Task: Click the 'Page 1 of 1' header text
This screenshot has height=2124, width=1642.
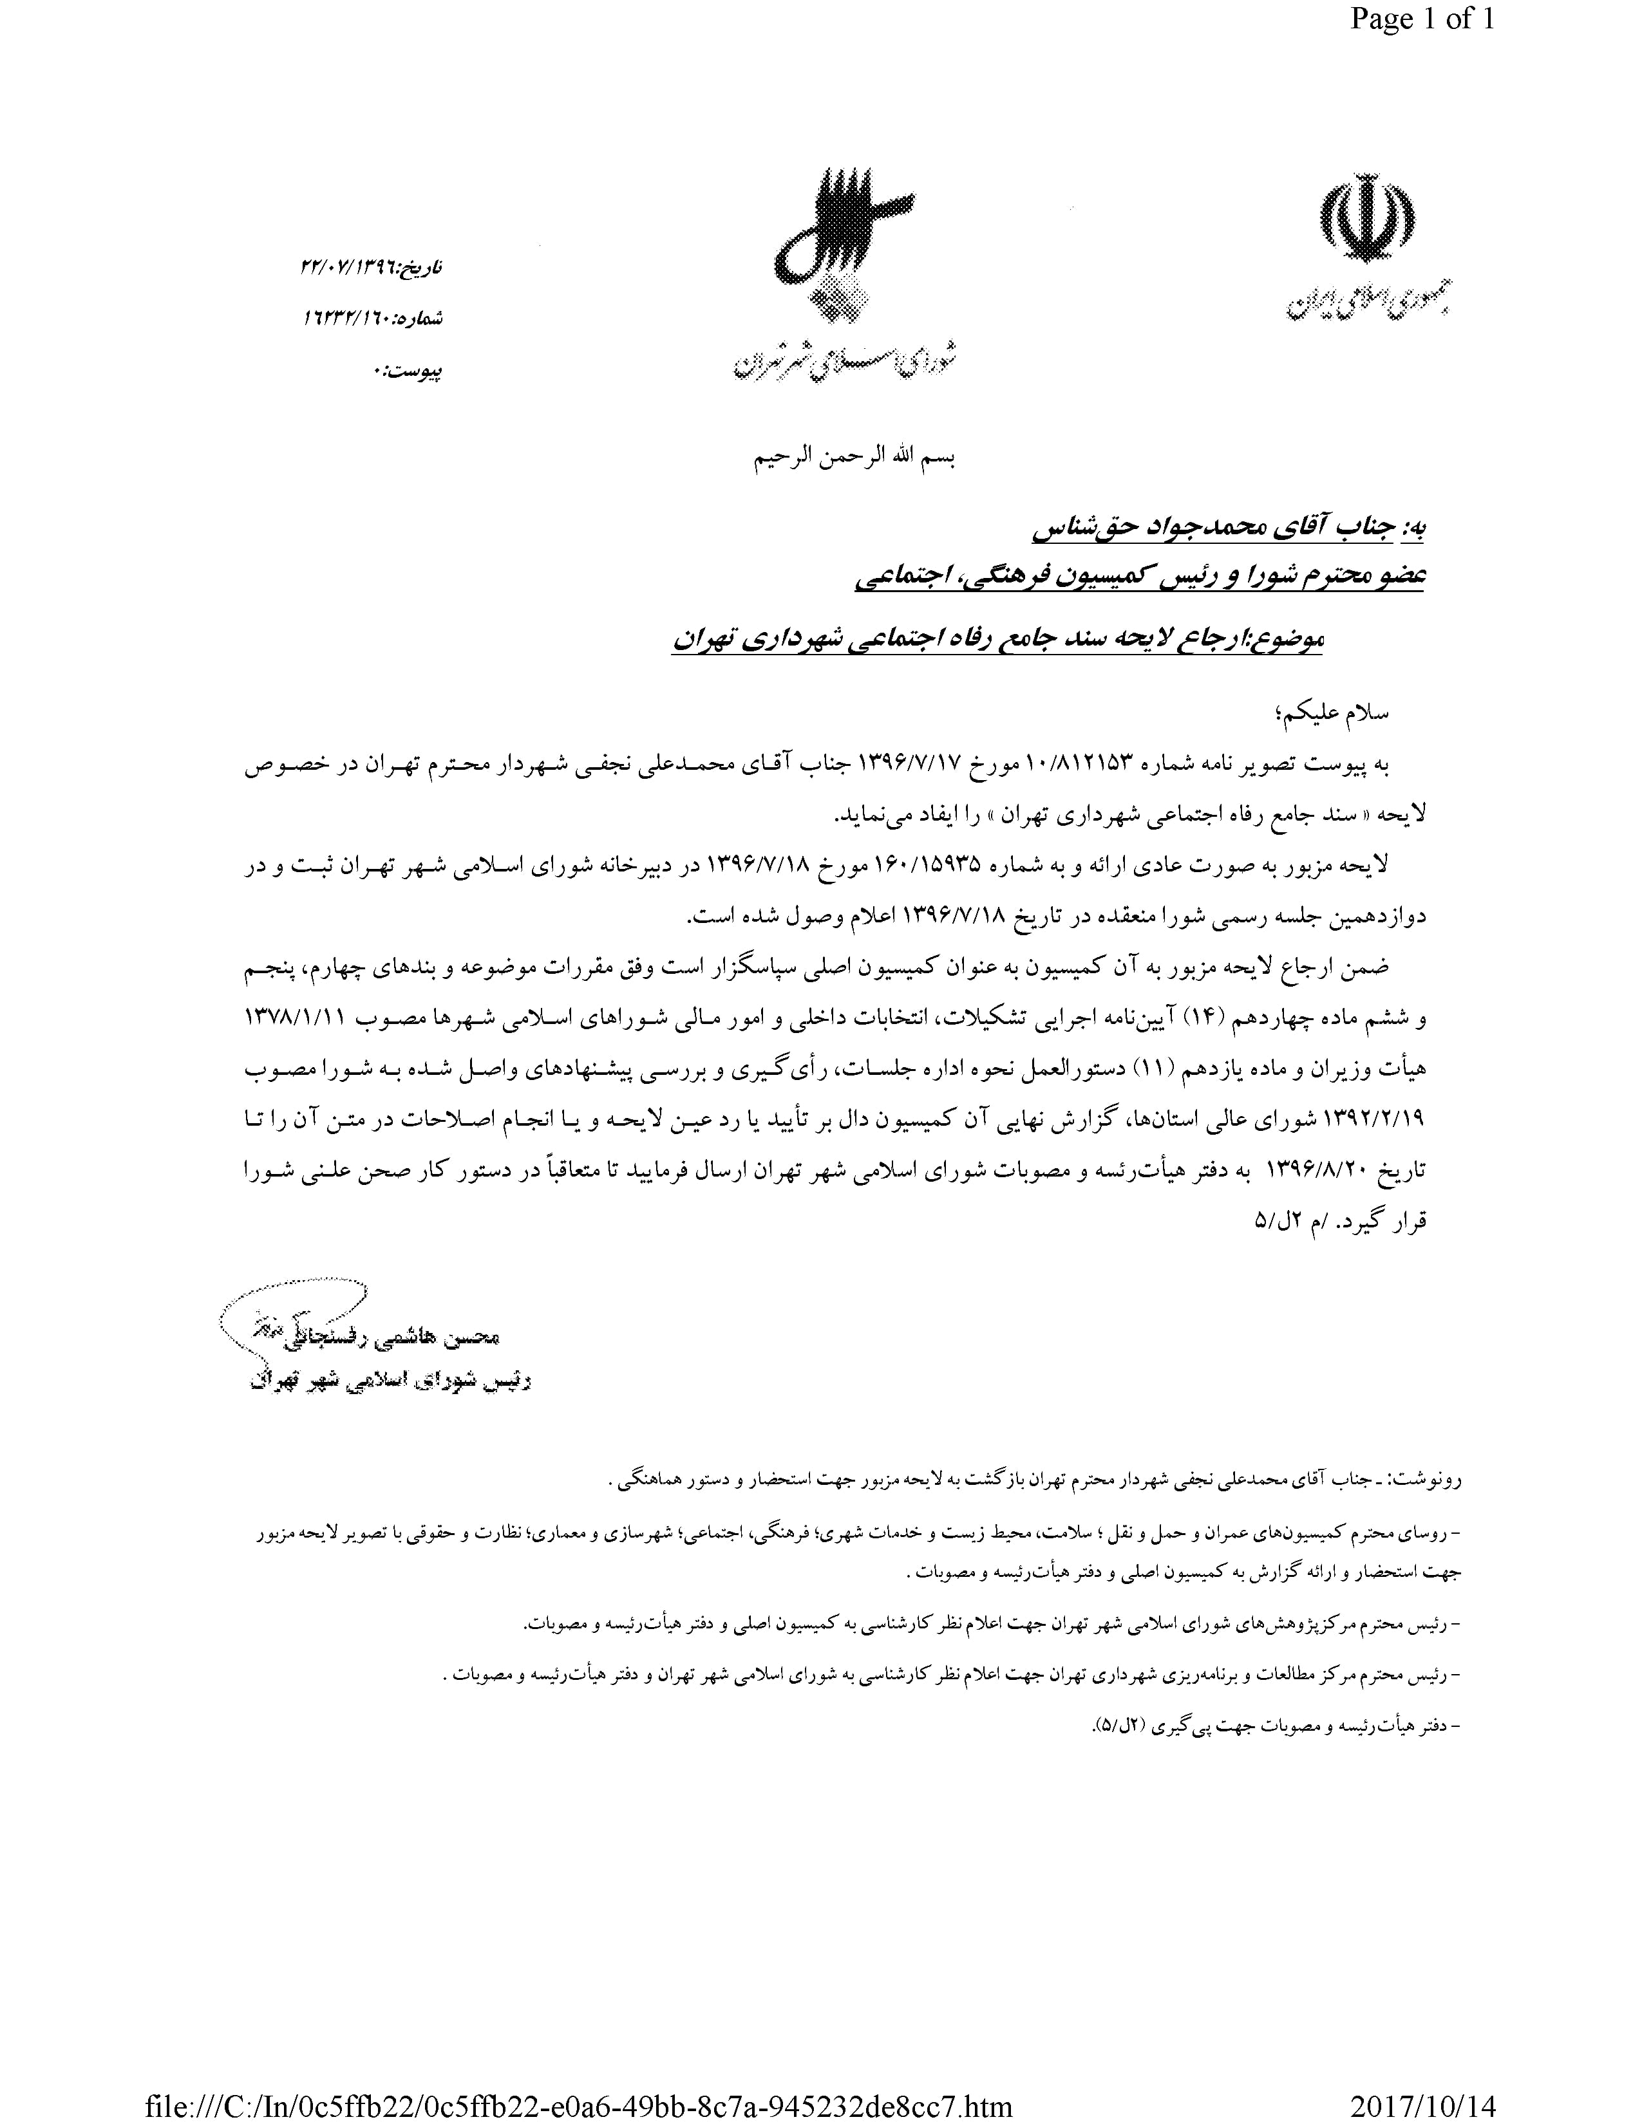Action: point(1422,19)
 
